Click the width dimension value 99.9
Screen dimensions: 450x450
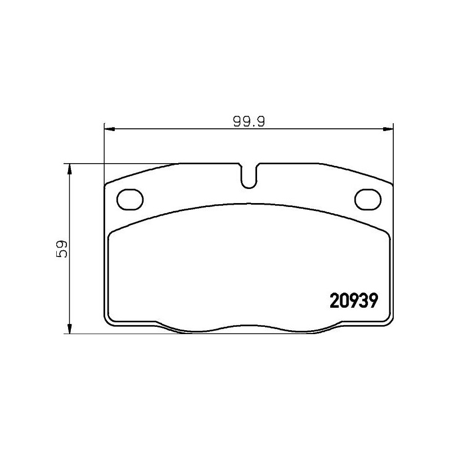pyautogui.click(x=249, y=120)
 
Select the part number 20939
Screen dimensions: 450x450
pyautogui.click(x=351, y=300)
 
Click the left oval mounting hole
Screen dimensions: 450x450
pyautogui.click(x=130, y=199)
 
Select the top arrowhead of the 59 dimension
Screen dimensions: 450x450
pyautogui.click(x=69, y=168)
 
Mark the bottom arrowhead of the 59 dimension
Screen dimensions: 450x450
pyautogui.click(x=69, y=329)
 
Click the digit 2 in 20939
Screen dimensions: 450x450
pyautogui.click(x=332, y=300)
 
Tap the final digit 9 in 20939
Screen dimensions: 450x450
pyautogui.click(x=370, y=300)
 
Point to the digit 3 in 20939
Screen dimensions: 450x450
pyautogui.click(x=361, y=300)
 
